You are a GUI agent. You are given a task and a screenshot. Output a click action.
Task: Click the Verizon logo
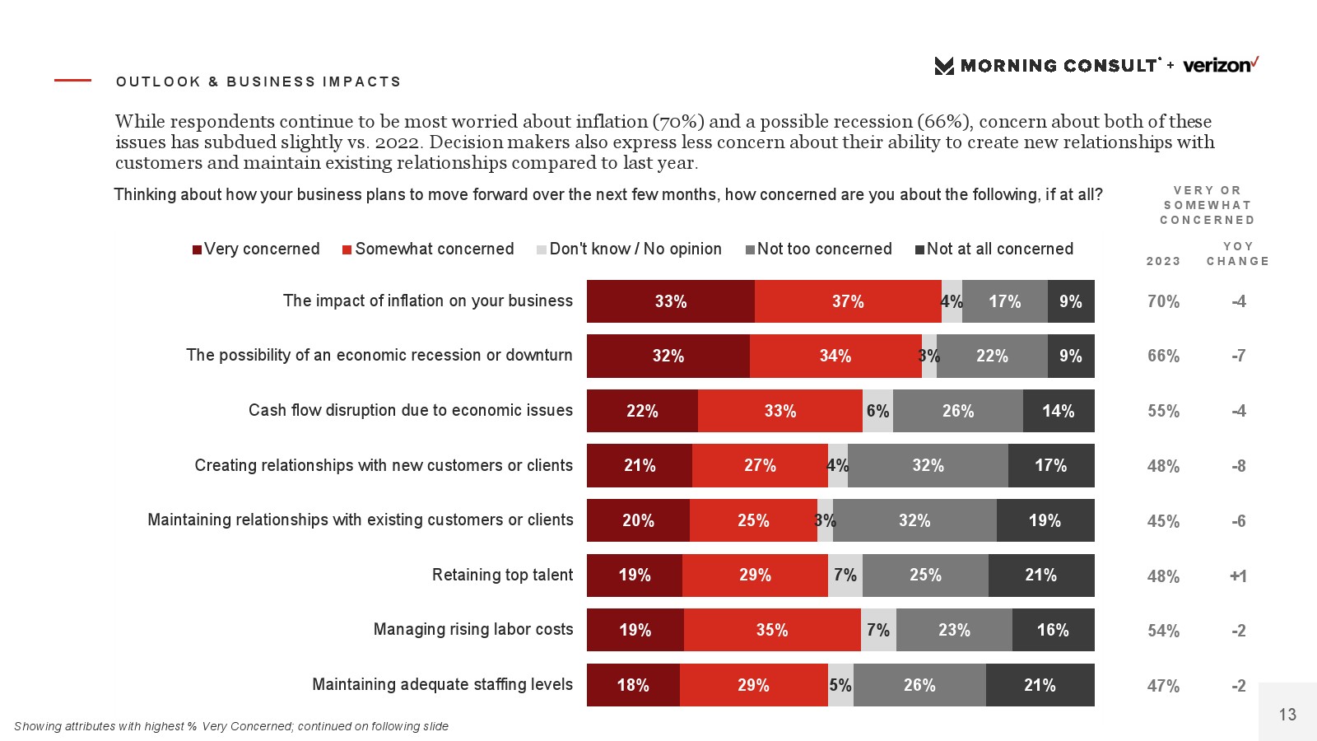[1220, 65]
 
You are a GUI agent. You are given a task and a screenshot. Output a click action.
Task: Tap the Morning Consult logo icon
[944, 66]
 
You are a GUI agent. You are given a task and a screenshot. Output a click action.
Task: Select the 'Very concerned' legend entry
[256, 249]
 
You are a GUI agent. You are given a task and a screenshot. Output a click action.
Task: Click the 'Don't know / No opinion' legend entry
[629, 249]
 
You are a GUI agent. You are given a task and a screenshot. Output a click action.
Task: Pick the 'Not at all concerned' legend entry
[994, 249]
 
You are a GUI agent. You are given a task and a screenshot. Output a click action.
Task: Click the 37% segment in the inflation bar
[848, 301]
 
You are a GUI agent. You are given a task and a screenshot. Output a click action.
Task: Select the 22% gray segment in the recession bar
[992, 356]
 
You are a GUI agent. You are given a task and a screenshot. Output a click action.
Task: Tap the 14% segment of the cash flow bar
[1059, 411]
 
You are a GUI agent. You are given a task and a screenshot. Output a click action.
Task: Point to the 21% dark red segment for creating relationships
[640, 465]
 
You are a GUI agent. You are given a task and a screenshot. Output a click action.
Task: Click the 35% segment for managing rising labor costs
[772, 630]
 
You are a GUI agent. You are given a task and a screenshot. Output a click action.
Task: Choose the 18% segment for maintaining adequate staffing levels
[633, 685]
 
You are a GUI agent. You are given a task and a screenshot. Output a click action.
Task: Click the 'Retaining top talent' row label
[502, 575]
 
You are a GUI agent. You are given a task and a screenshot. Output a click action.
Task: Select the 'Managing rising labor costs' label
[473, 629]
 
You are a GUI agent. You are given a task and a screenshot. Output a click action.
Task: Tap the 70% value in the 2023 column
[1163, 301]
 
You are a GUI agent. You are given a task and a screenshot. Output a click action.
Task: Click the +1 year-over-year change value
[1238, 576]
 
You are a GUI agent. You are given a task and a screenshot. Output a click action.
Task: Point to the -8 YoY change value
[1238, 466]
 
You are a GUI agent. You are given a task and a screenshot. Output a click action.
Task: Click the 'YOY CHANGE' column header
[1238, 254]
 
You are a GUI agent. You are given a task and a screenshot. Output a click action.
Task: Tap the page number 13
[1287, 714]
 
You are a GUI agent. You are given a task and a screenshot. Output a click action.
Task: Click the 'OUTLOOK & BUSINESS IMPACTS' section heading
[258, 82]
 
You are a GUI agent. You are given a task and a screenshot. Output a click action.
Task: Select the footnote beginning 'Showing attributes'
[231, 726]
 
